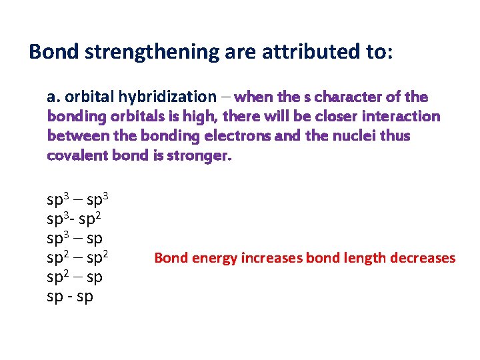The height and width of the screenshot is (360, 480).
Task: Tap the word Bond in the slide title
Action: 52,51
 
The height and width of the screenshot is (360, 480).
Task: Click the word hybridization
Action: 170,97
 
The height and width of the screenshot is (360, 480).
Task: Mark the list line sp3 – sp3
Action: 78,199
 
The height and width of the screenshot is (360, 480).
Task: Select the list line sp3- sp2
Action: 74,219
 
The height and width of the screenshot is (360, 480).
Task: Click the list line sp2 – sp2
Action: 78,257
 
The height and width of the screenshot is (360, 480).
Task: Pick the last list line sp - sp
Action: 70,296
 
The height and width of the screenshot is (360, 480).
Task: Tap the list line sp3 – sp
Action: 75,238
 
